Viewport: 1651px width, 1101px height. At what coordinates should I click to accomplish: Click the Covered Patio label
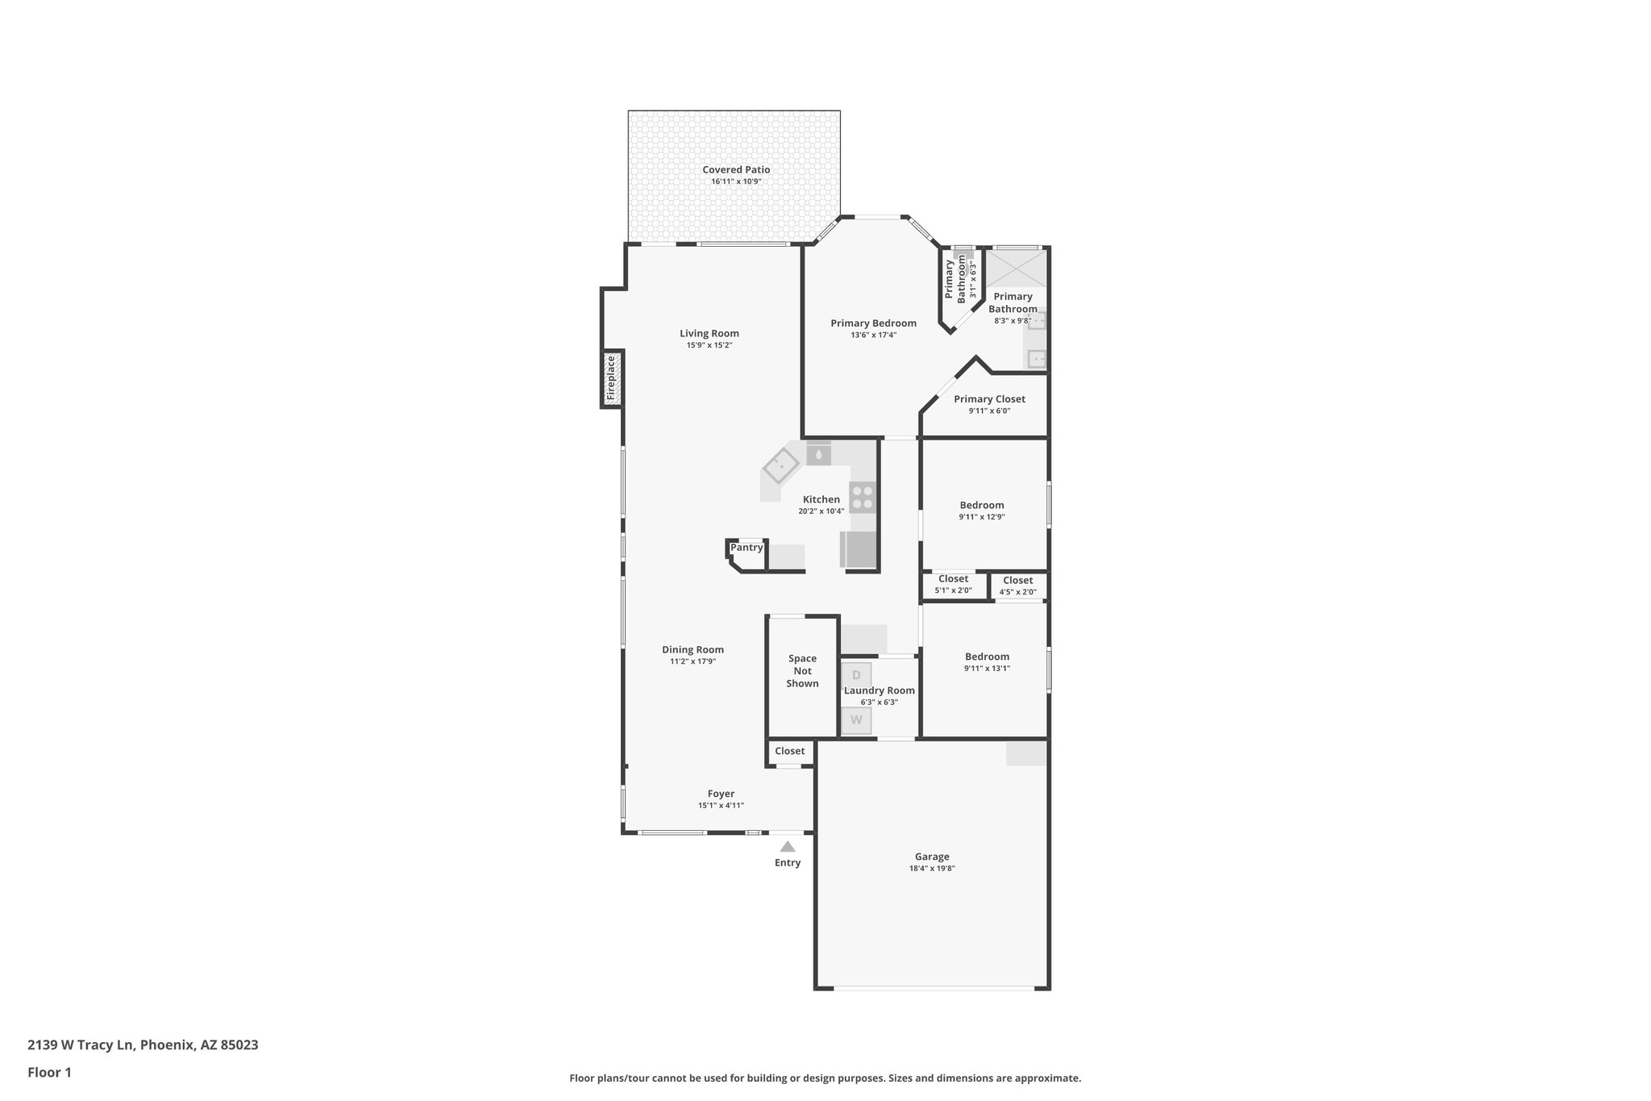[x=736, y=169]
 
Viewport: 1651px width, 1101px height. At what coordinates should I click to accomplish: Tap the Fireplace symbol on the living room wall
[x=611, y=378]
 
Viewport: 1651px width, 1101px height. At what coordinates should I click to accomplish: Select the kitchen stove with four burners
[x=863, y=497]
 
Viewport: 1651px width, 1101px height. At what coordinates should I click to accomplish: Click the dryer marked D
[x=856, y=674]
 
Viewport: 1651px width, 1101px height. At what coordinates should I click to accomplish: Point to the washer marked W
[x=856, y=719]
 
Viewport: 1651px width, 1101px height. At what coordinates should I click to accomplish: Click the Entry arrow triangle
[x=788, y=846]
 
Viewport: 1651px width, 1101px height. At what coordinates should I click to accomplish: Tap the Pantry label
[x=746, y=548]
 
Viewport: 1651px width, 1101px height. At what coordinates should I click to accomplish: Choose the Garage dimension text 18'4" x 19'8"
[x=932, y=869]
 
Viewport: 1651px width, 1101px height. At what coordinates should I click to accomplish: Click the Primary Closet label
[x=989, y=399]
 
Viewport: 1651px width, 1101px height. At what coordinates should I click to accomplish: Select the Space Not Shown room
[x=802, y=671]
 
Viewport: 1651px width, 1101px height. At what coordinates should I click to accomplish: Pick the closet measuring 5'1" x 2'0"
[x=954, y=584]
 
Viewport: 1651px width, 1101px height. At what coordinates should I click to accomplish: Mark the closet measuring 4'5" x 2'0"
[x=1018, y=586]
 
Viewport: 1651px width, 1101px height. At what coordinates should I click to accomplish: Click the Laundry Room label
[x=880, y=690]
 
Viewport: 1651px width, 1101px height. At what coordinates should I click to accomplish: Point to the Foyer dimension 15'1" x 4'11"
[x=721, y=806]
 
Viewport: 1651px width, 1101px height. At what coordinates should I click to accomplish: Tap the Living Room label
[x=709, y=333]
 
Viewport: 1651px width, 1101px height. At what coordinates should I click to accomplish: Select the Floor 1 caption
[x=49, y=1072]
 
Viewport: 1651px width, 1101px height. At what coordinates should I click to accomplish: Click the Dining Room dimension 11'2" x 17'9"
[x=692, y=661]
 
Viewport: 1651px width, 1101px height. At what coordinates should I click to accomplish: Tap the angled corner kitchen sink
[x=780, y=465]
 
